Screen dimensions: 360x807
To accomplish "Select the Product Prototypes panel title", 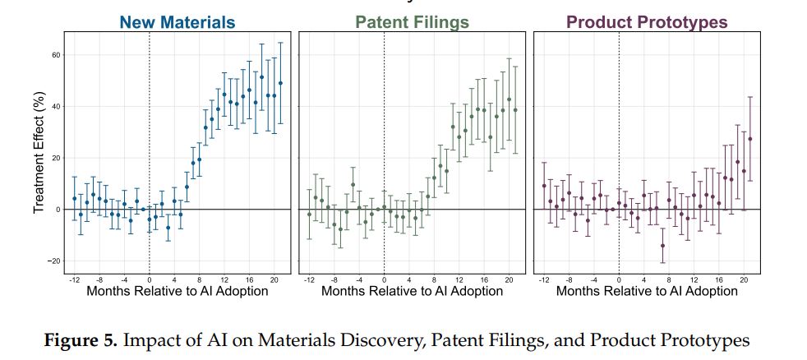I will tap(647, 22).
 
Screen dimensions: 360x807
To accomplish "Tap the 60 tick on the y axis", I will tap(57, 55).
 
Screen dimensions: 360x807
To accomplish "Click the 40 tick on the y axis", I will tap(57, 107).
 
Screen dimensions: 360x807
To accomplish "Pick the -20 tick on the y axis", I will tap(55, 261).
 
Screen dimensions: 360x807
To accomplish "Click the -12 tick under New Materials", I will tap(74, 280).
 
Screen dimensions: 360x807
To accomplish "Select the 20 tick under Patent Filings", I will tap(510, 280).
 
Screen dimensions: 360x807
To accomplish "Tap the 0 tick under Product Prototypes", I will tap(619, 280).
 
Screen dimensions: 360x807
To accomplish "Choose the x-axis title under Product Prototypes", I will tap(646, 291).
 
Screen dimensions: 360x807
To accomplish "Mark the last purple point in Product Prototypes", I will tap(750, 139).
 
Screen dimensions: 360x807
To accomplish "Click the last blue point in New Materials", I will tap(280, 83).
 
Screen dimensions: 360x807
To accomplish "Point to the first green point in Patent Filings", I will tap(309, 215).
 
